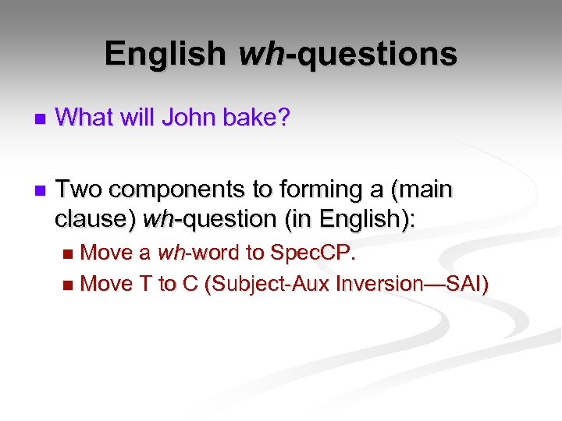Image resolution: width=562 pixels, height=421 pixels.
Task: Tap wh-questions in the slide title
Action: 347,54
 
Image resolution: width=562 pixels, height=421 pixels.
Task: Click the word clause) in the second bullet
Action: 94,219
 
